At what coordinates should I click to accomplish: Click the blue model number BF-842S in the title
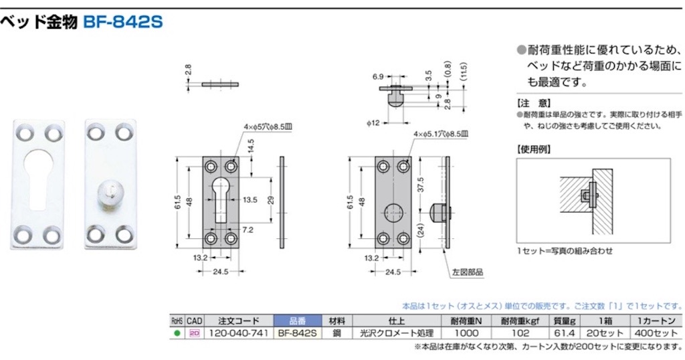[x=122, y=21]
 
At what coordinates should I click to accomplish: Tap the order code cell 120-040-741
[x=239, y=333]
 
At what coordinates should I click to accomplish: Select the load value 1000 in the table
[x=466, y=333]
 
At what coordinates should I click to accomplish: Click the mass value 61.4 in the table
[x=564, y=333]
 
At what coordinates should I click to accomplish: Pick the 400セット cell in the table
[x=656, y=333]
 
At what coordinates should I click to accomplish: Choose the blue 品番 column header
[x=298, y=321]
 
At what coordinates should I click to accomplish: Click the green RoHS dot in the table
[x=177, y=333]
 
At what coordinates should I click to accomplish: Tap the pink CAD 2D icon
[x=195, y=333]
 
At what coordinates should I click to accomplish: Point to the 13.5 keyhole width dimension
[x=250, y=200]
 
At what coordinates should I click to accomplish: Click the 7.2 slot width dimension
[x=248, y=230]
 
